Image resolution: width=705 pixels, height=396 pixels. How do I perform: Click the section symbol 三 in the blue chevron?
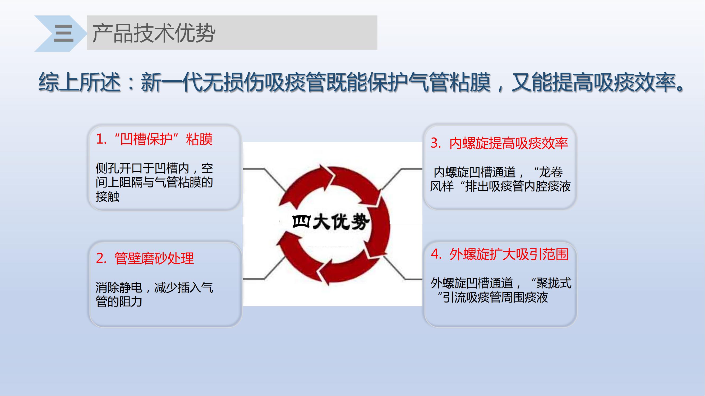click(x=63, y=33)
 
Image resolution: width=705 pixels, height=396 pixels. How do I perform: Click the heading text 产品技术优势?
click(x=154, y=33)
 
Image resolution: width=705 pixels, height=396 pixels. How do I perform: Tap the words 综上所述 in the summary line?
click(x=79, y=82)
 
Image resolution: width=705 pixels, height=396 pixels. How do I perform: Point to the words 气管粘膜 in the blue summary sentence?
click(x=449, y=82)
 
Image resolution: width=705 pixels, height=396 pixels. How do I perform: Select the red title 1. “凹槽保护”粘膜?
click(x=154, y=139)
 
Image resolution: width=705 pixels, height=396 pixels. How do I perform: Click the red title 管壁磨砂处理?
click(x=154, y=258)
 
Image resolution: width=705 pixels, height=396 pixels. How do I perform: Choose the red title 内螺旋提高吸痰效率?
click(x=509, y=143)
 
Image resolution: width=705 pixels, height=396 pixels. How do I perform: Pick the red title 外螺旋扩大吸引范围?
click(x=509, y=254)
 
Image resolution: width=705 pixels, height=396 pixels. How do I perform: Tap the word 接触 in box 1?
click(x=108, y=196)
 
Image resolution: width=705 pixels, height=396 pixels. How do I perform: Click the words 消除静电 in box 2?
click(x=119, y=287)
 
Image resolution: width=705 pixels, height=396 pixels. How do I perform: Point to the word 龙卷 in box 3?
click(x=551, y=172)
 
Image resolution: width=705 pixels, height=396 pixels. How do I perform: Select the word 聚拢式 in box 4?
click(x=554, y=283)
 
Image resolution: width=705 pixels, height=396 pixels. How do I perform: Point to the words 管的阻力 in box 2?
click(x=119, y=302)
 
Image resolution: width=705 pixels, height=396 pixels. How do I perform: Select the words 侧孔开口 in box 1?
click(x=119, y=168)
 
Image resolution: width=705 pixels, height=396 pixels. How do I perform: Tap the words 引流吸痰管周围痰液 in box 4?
click(x=495, y=297)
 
